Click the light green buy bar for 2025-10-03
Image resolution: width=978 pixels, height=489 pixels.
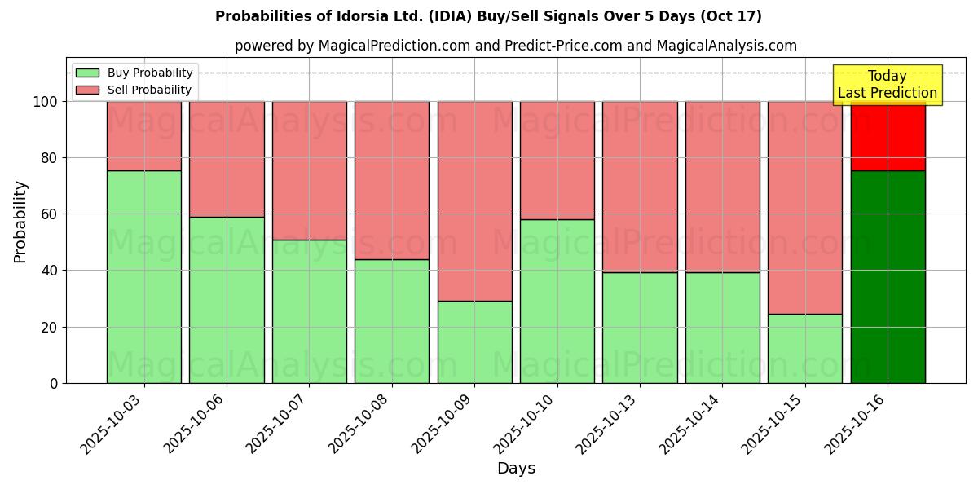point(144,276)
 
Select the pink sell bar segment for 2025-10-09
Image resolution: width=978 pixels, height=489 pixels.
point(474,200)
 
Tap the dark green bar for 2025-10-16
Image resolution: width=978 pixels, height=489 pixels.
point(888,276)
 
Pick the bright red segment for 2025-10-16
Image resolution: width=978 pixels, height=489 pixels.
point(888,137)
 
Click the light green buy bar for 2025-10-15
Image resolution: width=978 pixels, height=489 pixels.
point(805,348)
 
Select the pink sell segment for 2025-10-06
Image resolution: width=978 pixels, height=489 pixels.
point(227,159)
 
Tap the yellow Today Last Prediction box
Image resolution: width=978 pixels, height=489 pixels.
point(888,85)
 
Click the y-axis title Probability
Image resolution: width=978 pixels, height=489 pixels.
point(20,222)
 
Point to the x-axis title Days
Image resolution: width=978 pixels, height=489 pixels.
point(516,469)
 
